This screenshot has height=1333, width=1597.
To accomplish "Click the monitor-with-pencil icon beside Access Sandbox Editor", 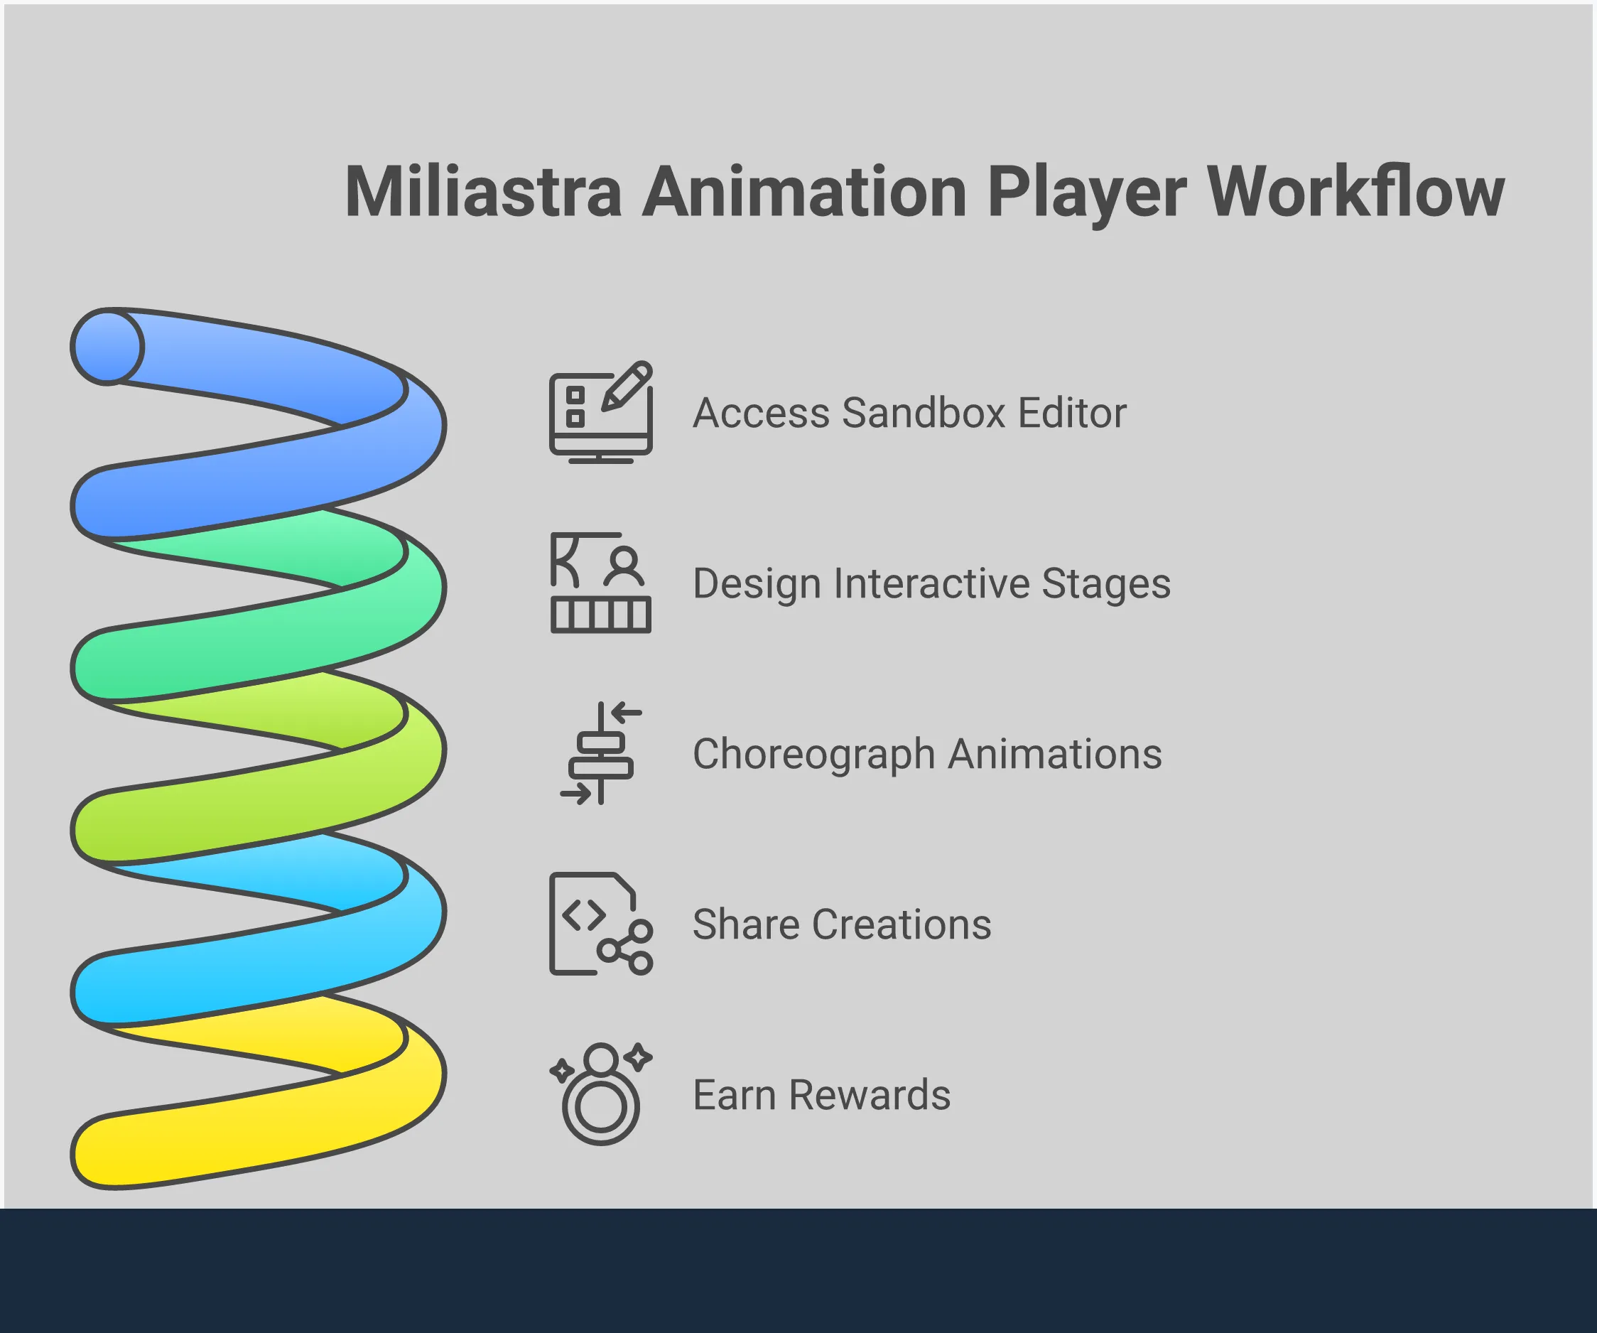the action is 601,412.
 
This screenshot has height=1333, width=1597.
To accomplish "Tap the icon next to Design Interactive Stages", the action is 601,583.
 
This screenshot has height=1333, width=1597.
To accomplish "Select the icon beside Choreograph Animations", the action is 601,753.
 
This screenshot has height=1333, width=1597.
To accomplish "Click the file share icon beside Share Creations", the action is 601,924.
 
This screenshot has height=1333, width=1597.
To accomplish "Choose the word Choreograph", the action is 813,755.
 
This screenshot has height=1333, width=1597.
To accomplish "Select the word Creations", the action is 902,924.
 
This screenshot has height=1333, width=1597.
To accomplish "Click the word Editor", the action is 1072,413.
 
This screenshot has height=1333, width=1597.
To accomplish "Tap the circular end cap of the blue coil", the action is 107,347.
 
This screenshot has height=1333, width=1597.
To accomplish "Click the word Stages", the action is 1105,585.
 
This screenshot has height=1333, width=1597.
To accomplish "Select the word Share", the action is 746,924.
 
